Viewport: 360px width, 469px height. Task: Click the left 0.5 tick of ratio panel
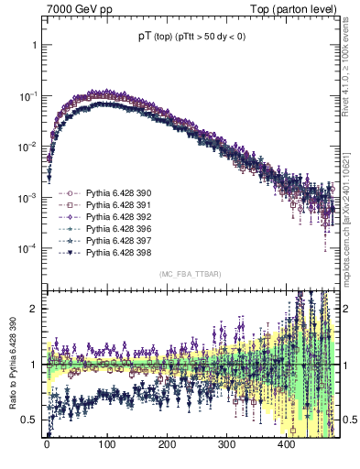35,420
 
